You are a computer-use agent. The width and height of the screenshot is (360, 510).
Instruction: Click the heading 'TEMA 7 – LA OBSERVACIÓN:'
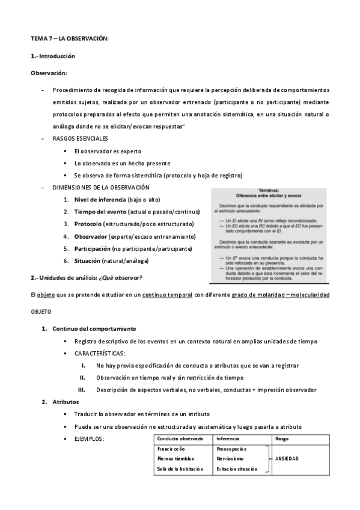click(69, 38)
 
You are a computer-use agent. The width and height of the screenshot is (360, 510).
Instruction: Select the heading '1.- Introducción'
click(53, 55)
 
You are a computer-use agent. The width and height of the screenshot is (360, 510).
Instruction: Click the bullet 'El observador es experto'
click(108, 151)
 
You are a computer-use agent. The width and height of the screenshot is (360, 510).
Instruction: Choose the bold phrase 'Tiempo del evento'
click(100, 212)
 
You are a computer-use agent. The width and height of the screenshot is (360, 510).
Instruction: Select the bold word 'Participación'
click(96, 248)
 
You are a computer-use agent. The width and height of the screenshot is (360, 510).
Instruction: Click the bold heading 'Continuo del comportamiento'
click(94, 328)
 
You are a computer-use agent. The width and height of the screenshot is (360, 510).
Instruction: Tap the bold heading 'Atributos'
click(66, 402)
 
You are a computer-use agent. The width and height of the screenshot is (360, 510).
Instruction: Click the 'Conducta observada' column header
click(180, 438)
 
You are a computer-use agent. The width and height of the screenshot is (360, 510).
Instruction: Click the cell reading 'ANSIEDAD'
click(287, 458)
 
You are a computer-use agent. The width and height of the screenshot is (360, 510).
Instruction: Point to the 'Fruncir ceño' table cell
click(171, 449)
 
